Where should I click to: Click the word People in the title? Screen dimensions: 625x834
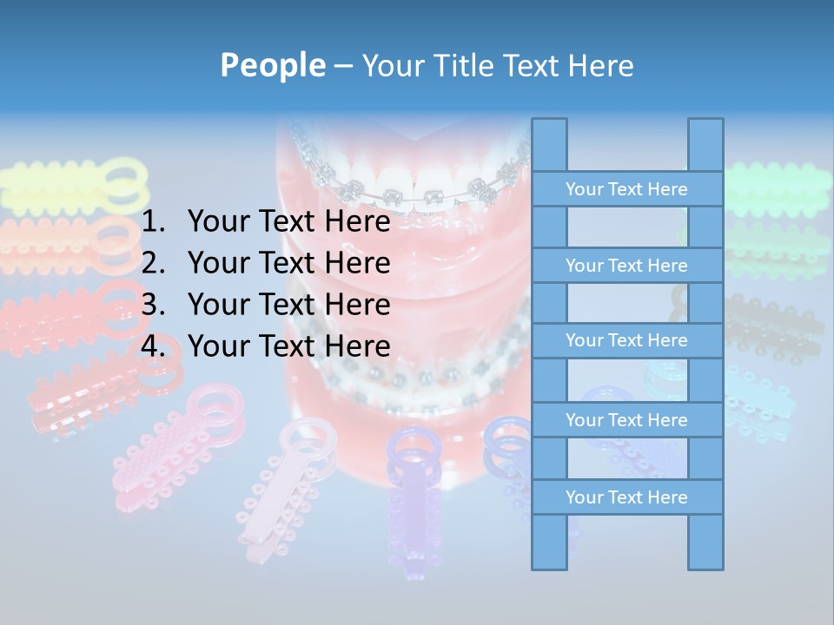click(x=272, y=65)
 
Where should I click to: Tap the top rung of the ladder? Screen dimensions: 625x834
click(x=626, y=189)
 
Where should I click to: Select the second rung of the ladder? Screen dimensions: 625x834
click(x=626, y=266)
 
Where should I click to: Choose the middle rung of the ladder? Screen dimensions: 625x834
click(x=626, y=340)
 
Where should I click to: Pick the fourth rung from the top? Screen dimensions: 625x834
click(x=626, y=420)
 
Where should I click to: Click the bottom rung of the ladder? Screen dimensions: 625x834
click(x=626, y=497)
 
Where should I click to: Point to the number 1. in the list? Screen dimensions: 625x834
click(x=153, y=222)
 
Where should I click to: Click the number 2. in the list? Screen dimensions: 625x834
click(x=153, y=263)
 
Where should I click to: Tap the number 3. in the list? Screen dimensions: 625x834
click(x=153, y=305)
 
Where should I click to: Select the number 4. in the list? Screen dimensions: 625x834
click(x=153, y=346)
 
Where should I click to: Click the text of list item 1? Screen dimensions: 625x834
click(x=288, y=222)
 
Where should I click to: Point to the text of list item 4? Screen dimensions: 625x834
click(x=288, y=346)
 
